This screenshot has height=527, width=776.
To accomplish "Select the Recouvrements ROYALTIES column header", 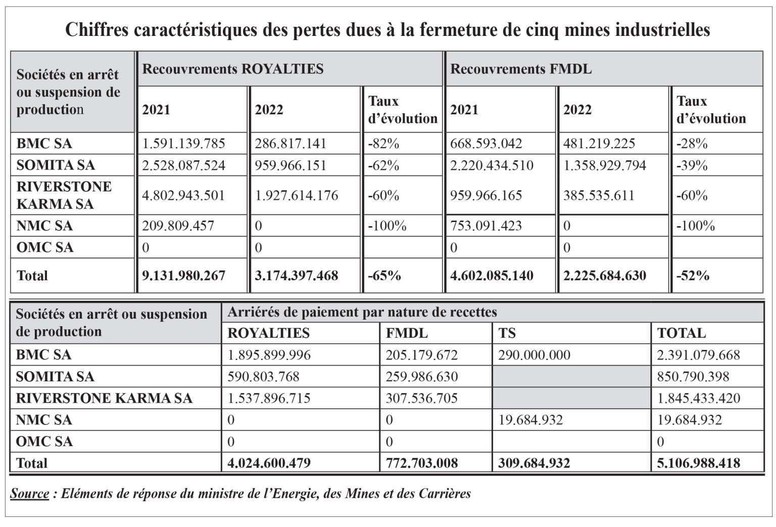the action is [233, 69].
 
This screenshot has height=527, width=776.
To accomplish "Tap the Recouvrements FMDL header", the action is [521, 69].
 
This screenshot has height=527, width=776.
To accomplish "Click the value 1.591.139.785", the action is [183, 144].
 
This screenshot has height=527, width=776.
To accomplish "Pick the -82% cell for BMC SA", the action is [383, 144].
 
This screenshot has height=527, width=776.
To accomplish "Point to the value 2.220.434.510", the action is [492, 165].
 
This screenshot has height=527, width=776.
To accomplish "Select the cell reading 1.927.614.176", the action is [297, 196].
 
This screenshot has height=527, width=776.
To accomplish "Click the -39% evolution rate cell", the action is [692, 165].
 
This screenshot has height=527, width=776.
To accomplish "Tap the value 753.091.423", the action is [486, 226].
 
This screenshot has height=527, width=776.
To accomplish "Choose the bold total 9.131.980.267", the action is [183, 276].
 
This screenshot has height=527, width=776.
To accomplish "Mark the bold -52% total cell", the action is [693, 276].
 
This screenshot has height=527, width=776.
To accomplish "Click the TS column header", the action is [507, 333].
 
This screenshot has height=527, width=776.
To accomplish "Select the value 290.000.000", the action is [534, 355].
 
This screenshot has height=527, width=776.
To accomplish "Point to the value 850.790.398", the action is [693, 376].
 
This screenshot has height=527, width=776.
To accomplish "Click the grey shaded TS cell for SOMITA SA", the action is [571, 376].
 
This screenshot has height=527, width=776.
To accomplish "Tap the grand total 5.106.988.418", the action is [699, 463].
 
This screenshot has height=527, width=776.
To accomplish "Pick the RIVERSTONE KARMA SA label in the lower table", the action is [104, 399].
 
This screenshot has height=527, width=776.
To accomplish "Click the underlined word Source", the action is [29, 494].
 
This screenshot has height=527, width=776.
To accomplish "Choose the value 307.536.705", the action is [422, 399].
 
